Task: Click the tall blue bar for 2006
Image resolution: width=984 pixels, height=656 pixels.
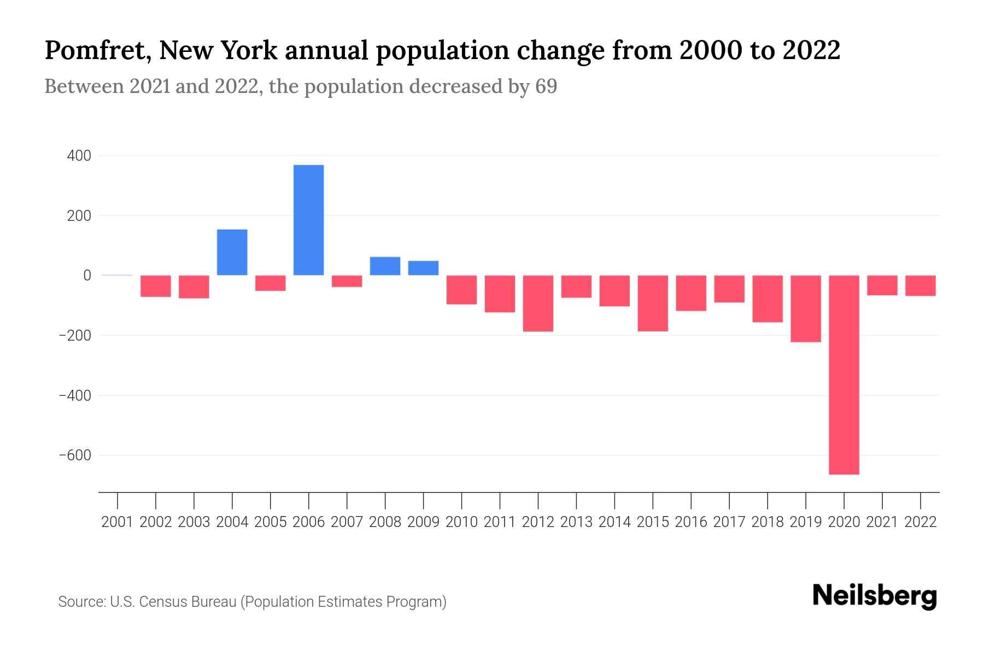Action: tap(308, 220)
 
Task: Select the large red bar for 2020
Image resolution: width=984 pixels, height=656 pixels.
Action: tap(844, 374)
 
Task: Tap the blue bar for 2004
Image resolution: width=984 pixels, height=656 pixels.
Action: tap(232, 252)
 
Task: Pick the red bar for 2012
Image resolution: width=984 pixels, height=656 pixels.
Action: tap(538, 303)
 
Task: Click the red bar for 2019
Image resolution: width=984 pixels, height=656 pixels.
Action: tap(805, 309)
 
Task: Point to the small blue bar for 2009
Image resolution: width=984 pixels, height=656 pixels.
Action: tap(423, 268)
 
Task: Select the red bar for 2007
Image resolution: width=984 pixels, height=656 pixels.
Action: tap(347, 282)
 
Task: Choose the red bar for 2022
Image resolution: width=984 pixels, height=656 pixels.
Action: tap(920, 285)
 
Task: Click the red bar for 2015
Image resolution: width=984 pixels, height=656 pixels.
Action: tap(653, 303)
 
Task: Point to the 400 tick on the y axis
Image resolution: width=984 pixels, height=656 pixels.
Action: tap(79, 156)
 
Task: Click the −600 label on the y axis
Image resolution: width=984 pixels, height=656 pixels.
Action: tap(75, 455)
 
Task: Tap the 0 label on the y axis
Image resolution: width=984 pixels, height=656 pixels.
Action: tap(87, 276)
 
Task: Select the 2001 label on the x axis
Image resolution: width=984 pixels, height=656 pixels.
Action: tap(118, 522)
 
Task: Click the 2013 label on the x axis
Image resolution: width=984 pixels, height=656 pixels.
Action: tap(576, 522)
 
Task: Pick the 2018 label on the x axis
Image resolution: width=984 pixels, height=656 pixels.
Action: tap(767, 522)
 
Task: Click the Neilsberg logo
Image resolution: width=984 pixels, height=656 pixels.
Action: tap(874, 596)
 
